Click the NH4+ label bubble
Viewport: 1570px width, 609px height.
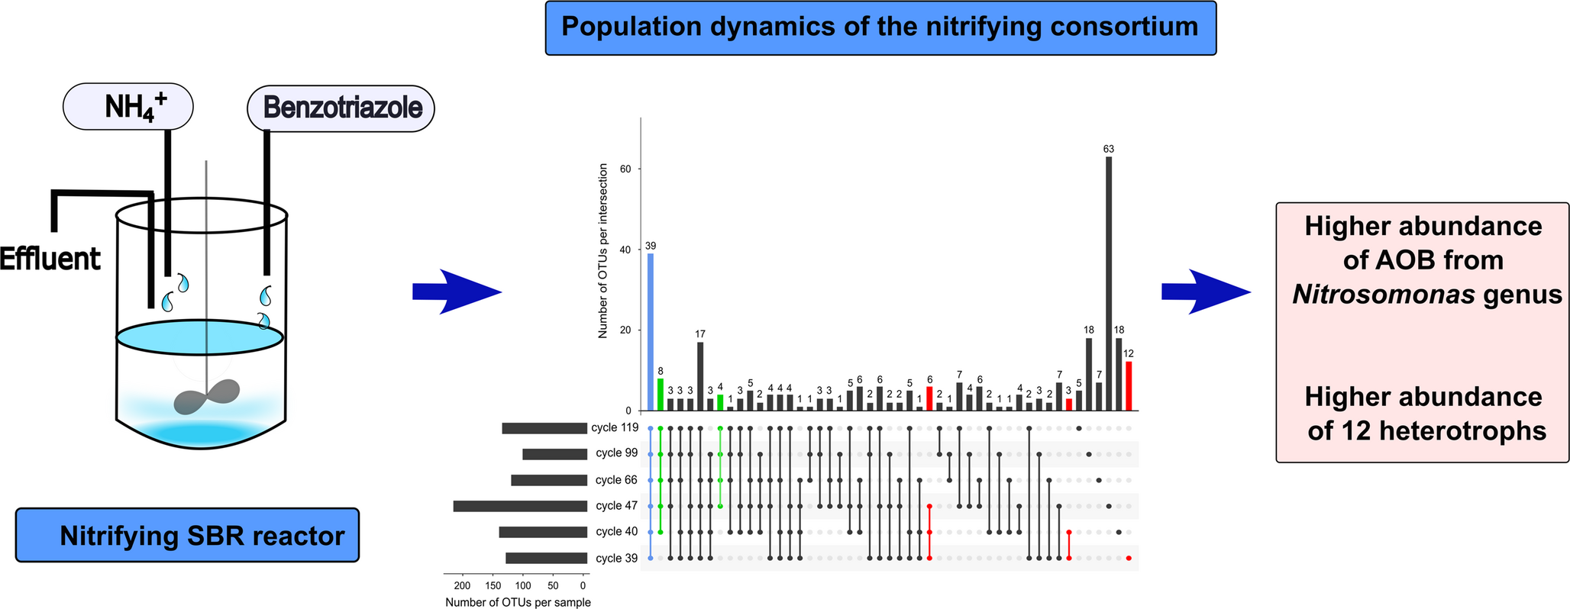(x=128, y=106)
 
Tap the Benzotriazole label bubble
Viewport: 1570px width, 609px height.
(x=341, y=108)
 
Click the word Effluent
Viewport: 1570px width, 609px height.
(x=50, y=259)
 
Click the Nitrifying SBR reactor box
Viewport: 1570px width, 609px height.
(x=187, y=536)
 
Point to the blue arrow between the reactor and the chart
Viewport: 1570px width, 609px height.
(x=456, y=292)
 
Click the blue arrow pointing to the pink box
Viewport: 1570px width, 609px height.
(x=1206, y=292)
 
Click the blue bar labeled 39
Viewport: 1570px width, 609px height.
(x=651, y=332)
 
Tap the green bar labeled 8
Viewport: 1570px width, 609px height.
(x=661, y=395)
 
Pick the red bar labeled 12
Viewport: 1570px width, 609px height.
(x=1129, y=386)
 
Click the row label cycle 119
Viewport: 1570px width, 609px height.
(x=614, y=427)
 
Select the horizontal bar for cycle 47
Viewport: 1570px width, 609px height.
(x=519, y=506)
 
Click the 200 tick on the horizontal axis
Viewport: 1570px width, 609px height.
(x=461, y=586)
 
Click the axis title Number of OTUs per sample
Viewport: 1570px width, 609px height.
(x=518, y=602)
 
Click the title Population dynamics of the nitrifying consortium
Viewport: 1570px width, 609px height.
(x=880, y=27)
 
